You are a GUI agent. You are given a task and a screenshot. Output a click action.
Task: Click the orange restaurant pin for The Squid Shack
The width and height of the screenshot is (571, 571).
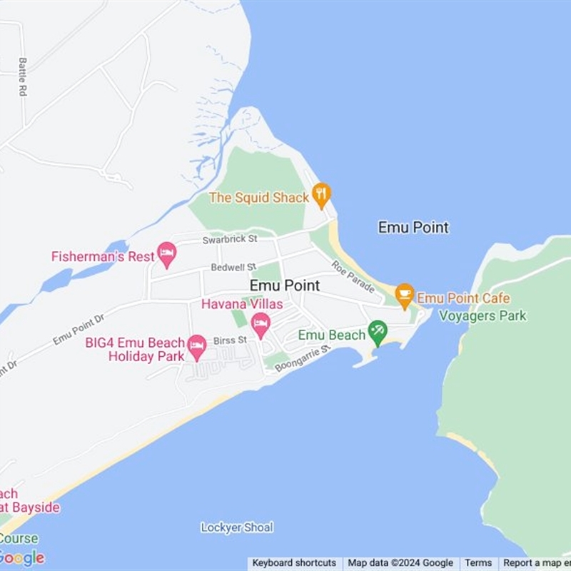tap(322, 194)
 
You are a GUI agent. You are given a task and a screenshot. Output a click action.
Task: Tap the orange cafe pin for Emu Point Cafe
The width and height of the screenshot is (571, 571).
tap(405, 295)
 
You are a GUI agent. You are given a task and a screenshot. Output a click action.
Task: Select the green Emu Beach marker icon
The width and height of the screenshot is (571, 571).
tap(377, 332)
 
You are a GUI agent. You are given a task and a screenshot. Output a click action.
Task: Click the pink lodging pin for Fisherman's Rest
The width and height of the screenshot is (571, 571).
tap(167, 253)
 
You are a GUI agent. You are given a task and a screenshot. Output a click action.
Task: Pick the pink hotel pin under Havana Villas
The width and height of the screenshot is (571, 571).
tap(261, 324)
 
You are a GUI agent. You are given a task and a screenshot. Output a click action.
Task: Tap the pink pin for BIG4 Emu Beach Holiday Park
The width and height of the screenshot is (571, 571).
tap(197, 347)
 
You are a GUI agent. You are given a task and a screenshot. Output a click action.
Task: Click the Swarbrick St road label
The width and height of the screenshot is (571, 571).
tap(229, 239)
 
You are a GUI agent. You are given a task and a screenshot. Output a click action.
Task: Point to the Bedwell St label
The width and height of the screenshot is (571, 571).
tap(228, 268)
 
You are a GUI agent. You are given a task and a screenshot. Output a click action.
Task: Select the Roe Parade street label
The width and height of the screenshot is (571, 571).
tap(353, 277)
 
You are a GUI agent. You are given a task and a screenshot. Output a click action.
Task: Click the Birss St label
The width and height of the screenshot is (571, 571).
tap(230, 340)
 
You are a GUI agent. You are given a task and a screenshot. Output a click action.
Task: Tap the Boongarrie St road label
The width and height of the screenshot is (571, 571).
tap(303, 358)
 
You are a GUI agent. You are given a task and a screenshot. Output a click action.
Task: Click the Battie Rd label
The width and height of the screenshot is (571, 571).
tap(23, 77)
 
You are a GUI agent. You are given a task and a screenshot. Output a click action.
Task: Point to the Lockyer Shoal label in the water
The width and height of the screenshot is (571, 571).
tap(237, 527)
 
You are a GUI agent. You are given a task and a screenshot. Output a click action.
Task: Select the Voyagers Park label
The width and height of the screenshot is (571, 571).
tap(482, 315)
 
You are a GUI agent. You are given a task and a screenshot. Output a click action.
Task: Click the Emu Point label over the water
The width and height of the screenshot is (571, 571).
tap(413, 228)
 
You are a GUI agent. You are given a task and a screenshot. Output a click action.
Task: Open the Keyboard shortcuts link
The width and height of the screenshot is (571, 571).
tap(294, 563)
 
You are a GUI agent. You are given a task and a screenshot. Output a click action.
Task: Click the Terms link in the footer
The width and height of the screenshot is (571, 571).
tap(478, 563)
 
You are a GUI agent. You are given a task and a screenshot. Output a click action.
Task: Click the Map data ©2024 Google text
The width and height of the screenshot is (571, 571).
tap(400, 563)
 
